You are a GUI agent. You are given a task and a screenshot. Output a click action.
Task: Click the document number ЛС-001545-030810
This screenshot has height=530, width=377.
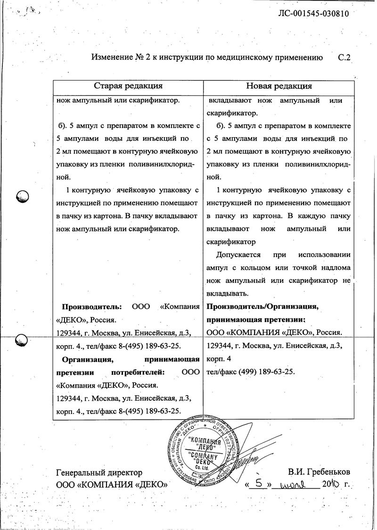pyautogui.click(x=314, y=14)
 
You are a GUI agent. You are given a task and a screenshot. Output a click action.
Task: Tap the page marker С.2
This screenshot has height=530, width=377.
pyautogui.click(x=345, y=58)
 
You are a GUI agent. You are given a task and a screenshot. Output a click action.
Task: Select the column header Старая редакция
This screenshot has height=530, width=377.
pyautogui.click(x=128, y=86)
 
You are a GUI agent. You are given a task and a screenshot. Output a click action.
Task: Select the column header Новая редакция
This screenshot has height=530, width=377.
pyautogui.click(x=279, y=86)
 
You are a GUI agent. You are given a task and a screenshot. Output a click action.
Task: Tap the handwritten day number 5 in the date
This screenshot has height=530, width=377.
pyautogui.click(x=258, y=483)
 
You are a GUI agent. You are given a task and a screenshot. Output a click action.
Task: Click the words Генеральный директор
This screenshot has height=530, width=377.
pyautogui.click(x=99, y=472)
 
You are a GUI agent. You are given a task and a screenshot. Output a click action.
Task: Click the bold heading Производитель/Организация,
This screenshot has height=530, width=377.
pyautogui.click(x=262, y=307)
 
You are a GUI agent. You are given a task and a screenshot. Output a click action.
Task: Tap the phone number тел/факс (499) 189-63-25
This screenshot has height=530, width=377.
pyautogui.click(x=251, y=372)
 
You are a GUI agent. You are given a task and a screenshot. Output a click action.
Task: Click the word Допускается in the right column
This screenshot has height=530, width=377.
pyautogui.click(x=238, y=255)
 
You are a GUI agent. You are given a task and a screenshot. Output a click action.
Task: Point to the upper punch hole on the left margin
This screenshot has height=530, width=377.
pyautogui.click(x=23, y=196)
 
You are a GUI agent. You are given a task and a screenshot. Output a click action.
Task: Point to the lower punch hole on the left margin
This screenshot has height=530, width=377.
pyautogui.click(x=22, y=339)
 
